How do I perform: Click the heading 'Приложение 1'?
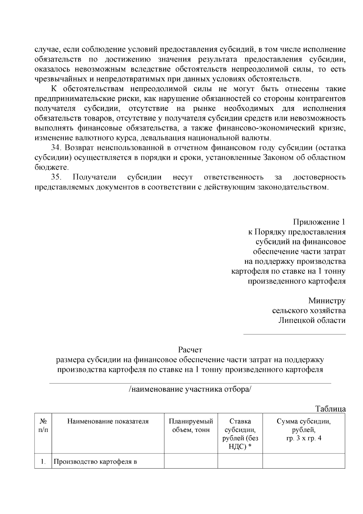pos(319,222)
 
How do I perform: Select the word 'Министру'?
pos(327,301)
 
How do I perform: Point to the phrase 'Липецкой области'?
pos(312,320)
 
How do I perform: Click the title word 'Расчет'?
pos(190,350)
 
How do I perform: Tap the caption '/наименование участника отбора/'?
pos(190,389)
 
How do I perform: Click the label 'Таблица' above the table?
pos(330,409)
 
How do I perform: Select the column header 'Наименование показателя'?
pos(108,421)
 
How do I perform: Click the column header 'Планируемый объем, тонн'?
pos(191,426)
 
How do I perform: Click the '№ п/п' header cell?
pos(43,426)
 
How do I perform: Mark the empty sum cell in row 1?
pos(304,461)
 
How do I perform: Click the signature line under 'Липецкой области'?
pos(295,334)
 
